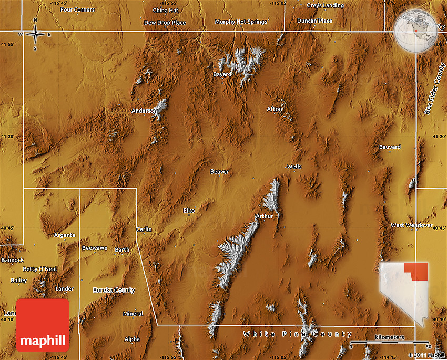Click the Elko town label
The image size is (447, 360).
click(189, 211)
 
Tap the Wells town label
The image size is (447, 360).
click(294, 167)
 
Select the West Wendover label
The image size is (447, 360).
click(411, 225)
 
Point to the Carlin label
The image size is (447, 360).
click(144, 229)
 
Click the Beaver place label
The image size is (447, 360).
click(219, 172)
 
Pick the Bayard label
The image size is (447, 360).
click(222, 75)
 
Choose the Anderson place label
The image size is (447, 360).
click(144, 111)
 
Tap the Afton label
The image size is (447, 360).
click(275, 109)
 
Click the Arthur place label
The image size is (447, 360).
click(264, 216)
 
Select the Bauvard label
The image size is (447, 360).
click(390, 147)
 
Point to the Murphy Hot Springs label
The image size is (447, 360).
click(241, 22)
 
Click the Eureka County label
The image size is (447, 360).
click(114, 290)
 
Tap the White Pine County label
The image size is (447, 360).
click(298, 334)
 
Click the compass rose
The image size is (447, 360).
click(35, 35)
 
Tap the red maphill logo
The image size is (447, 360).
click(43, 325)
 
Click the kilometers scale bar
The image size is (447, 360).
click(390, 343)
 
